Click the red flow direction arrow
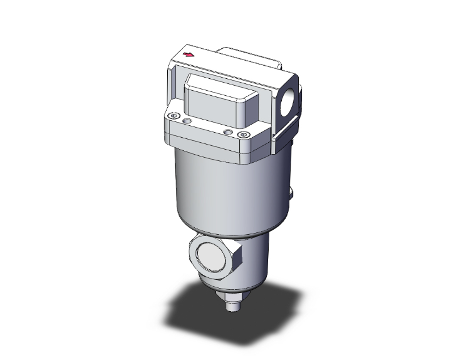coord(188,56)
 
